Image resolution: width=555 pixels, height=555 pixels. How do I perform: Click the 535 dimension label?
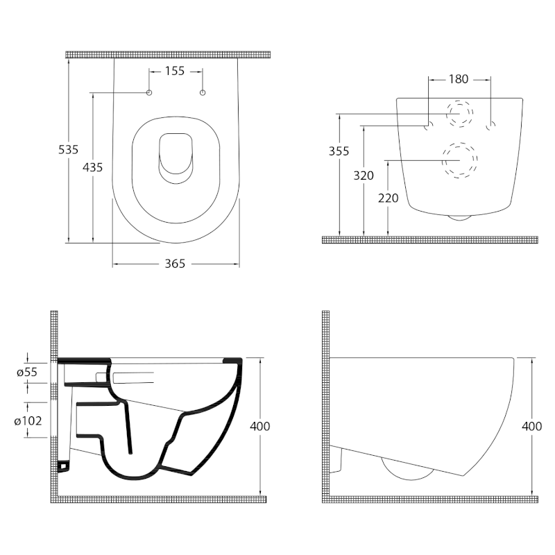tap(68, 149)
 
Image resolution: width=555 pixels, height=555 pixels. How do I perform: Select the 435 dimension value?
tap(92, 166)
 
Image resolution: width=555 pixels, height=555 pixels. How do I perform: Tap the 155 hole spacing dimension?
tap(175, 70)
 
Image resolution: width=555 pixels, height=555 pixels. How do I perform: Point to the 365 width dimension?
tap(176, 264)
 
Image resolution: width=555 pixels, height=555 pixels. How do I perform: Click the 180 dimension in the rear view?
tap(459, 79)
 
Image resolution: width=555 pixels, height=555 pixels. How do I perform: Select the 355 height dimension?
tap(339, 151)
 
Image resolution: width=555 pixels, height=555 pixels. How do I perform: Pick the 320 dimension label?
tap(364, 176)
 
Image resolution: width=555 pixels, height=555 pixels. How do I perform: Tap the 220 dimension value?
tap(388, 198)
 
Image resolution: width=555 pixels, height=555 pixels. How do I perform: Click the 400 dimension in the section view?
tap(260, 426)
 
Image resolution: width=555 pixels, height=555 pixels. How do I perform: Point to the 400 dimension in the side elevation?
tap(531, 426)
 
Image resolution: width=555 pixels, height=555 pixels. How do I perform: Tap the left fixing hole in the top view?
tap(149, 92)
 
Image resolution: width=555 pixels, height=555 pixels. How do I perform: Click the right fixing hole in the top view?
tap(203, 92)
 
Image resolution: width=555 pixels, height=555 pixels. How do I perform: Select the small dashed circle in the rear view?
tap(459, 114)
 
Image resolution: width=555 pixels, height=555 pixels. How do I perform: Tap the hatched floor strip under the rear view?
tap(429, 239)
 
